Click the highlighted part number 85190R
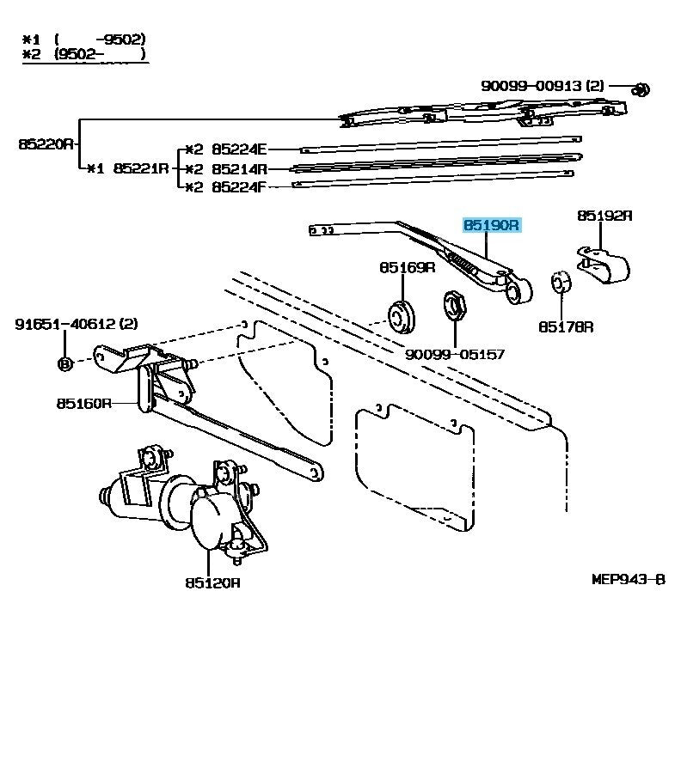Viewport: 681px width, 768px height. [492, 226]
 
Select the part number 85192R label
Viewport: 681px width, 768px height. [604, 216]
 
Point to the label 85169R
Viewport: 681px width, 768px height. [408, 268]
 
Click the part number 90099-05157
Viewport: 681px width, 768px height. [455, 354]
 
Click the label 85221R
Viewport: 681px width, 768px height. [142, 168]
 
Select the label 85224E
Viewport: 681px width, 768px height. [240, 148]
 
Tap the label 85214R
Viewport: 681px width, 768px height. [240, 168]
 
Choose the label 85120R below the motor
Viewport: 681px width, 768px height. [211, 582]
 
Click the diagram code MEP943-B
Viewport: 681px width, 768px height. [629, 580]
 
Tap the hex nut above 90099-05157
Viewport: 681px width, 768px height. [455, 306]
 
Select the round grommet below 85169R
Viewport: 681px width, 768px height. [401, 315]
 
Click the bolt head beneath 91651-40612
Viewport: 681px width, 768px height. [64, 363]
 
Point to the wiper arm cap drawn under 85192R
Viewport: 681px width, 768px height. [602, 263]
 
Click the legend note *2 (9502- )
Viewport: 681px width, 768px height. [83, 55]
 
